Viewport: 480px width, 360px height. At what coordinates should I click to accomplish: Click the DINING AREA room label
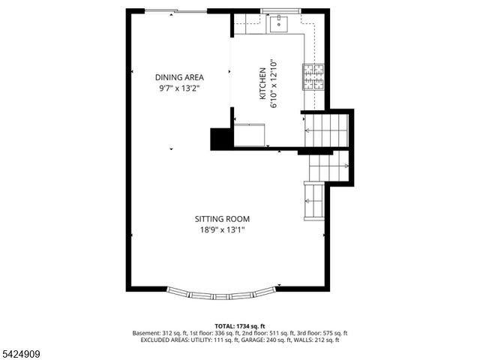point(179,77)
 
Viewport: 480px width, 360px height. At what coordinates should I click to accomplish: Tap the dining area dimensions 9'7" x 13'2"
point(179,88)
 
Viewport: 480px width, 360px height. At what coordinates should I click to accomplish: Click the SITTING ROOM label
point(222,219)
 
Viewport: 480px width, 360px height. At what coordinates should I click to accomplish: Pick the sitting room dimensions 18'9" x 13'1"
point(222,230)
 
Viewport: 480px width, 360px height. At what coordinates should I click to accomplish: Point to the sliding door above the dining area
point(176,10)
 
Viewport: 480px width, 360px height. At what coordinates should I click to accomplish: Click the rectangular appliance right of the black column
point(249,133)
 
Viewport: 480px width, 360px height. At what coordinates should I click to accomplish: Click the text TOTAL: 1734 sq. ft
point(240,326)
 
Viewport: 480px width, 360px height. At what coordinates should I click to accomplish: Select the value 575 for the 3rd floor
point(321,333)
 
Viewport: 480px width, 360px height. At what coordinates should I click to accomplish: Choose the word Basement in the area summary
point(147,333)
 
